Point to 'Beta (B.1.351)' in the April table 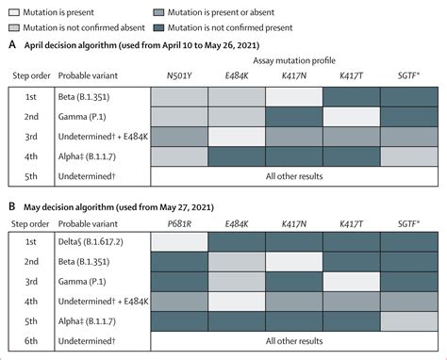[x=87, y=95]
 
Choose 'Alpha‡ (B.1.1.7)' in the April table [x=89, y=155]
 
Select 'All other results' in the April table [x=296, y=175]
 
